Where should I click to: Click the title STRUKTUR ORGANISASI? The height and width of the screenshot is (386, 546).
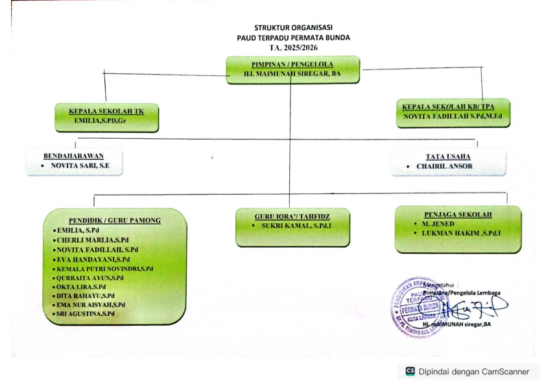point(293,28)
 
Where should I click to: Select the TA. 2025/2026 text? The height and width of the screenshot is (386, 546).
point(293,47)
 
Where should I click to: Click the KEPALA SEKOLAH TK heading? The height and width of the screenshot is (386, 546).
point(106,111)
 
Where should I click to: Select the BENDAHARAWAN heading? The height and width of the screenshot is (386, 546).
point(73,156)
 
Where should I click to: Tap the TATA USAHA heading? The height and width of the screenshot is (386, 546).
point(448,156)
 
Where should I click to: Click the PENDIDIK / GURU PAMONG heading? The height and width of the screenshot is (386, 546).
point(115,220)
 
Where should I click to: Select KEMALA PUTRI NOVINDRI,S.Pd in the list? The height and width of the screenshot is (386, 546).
point(104,268)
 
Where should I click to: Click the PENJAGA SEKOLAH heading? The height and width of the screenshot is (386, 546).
point(457,213)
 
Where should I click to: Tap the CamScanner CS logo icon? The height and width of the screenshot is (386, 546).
point(410,372)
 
